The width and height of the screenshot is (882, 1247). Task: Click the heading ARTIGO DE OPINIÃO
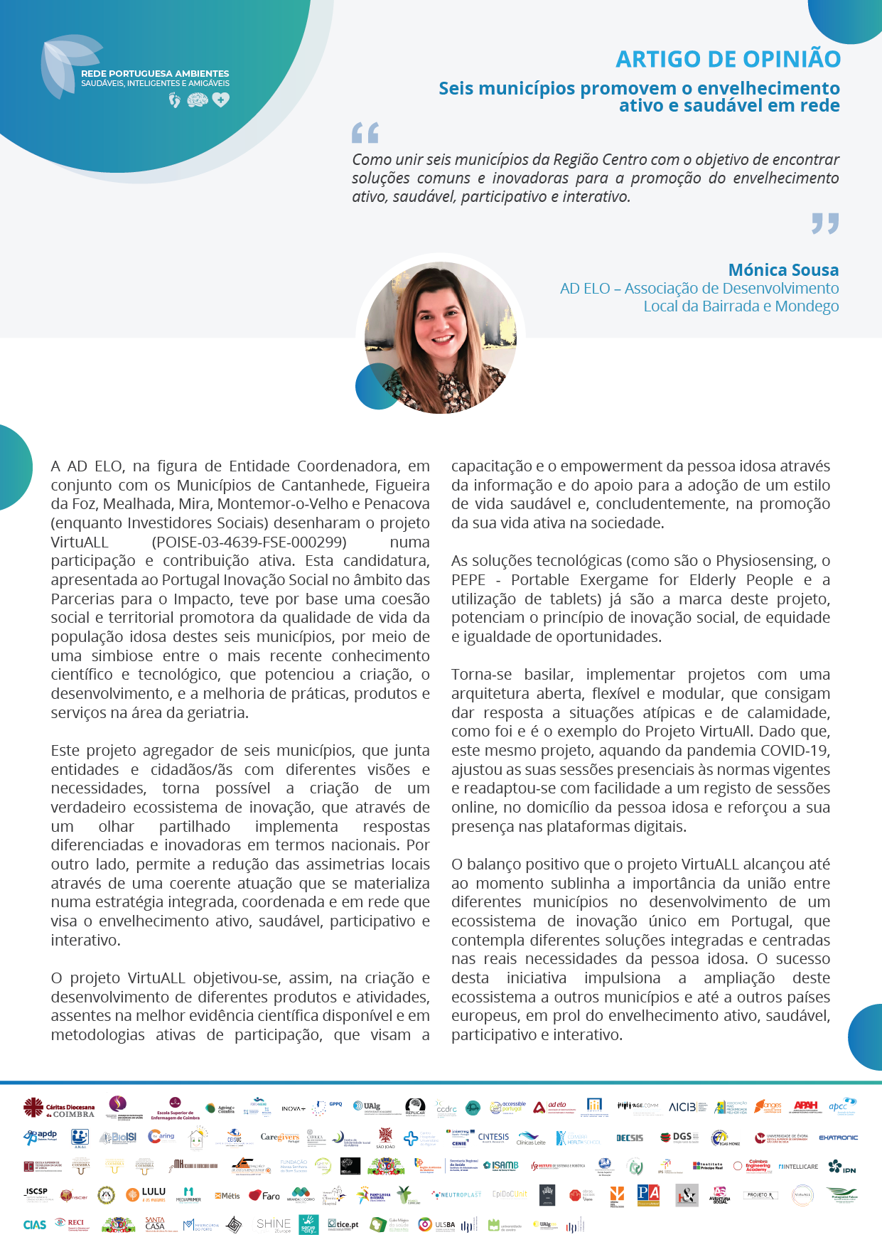point(728,59)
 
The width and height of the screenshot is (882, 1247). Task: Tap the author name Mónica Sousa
point(783,270)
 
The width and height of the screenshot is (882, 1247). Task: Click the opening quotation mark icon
point(365,133)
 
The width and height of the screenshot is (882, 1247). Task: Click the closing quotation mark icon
point(825,223)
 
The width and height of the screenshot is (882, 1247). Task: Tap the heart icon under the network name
point(221,100)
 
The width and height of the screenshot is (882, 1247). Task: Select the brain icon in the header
point(197,101)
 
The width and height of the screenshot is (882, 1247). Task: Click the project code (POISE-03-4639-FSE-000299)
point(249,542)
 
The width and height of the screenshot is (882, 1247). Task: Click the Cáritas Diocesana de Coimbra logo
point(59,1108)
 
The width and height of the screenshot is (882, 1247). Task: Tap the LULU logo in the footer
point(146,1194)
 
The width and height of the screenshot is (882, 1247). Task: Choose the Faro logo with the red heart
point(264,1195)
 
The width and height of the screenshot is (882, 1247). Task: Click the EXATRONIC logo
point(838,1138)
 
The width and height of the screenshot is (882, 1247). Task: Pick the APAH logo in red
point(806,1106)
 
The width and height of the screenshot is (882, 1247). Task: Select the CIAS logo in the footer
point(34,1224)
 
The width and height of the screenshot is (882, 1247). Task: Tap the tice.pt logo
point(343,1224)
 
